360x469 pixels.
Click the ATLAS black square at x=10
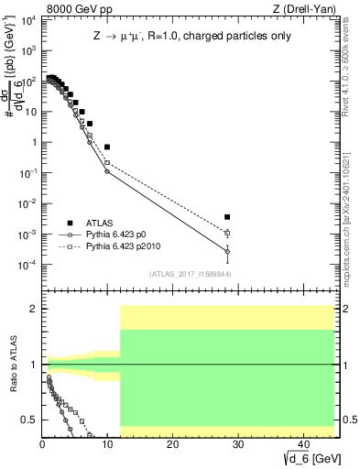pos(107,147)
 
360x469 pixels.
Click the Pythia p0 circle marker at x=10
pos(107,171)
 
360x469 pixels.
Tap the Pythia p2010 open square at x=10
pos(107,163)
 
